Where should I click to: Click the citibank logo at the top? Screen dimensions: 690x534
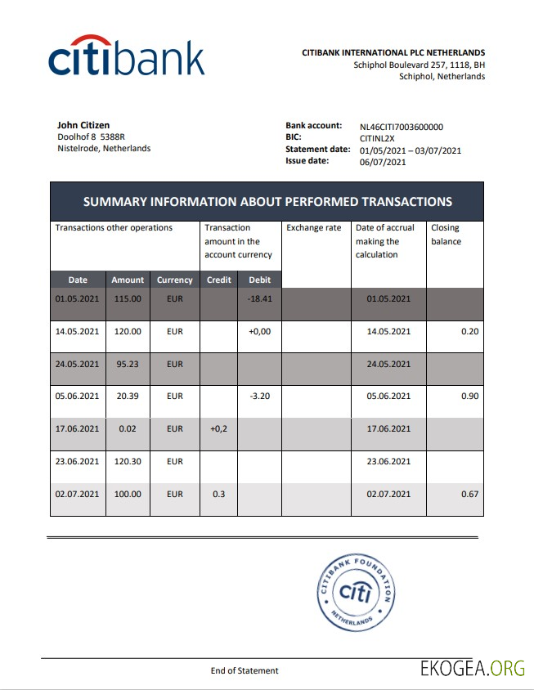click(x=126, y=57)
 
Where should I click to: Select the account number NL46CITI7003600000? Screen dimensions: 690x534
click(x=402, y=127)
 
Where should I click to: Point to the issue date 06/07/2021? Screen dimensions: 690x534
click(x=383, y=162)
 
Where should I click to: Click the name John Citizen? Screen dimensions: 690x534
click(x=83, y=125)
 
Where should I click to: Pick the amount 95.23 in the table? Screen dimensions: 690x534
click(x=127, y=363)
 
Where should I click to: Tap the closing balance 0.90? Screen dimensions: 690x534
click(x=469, y=396)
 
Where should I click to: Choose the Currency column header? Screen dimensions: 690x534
click(x=174, y=280)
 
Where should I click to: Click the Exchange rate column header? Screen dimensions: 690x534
click(x=314, y=228)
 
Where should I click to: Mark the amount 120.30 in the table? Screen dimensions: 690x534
click(x=127, y=461)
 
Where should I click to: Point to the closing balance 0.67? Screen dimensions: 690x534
click(x=469, y=494)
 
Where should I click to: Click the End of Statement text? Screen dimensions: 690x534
click(x=245, y=670)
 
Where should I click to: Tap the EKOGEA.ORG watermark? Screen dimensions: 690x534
click(x=473, y=668)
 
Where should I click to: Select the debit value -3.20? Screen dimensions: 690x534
click(x=259, y=396)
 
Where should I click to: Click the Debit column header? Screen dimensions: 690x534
click(x=259, y=280)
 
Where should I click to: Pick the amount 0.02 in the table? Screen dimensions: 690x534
click(x=127, y=428)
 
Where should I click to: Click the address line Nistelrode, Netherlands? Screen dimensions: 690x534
click(x=104, y=148)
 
